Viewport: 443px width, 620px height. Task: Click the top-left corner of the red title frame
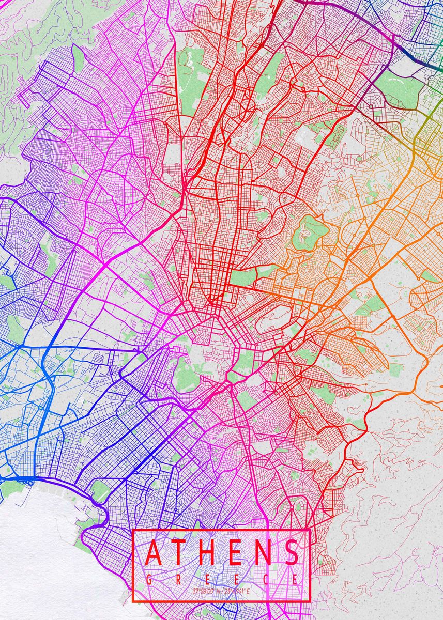(133, 531)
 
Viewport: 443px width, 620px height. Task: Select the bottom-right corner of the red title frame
(309, 601)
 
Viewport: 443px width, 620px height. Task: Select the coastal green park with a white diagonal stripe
(100, 491)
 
